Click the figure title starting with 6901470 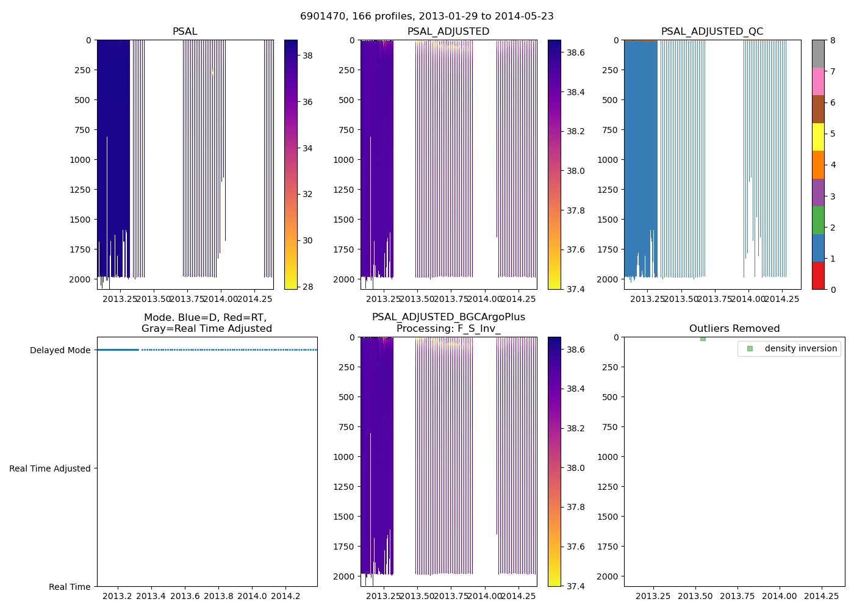427,16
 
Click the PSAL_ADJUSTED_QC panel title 712,32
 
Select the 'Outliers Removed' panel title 734,329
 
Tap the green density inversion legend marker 750,349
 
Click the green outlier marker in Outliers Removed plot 703,339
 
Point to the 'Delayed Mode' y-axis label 60,350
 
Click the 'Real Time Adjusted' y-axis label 49,468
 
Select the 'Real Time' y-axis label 70,587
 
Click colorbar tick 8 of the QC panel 833,40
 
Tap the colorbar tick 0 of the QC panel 833,289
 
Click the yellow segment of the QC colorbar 818,137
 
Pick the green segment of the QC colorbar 818,220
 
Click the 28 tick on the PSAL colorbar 307,287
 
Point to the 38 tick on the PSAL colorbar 307,56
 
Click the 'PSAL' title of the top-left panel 185,32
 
